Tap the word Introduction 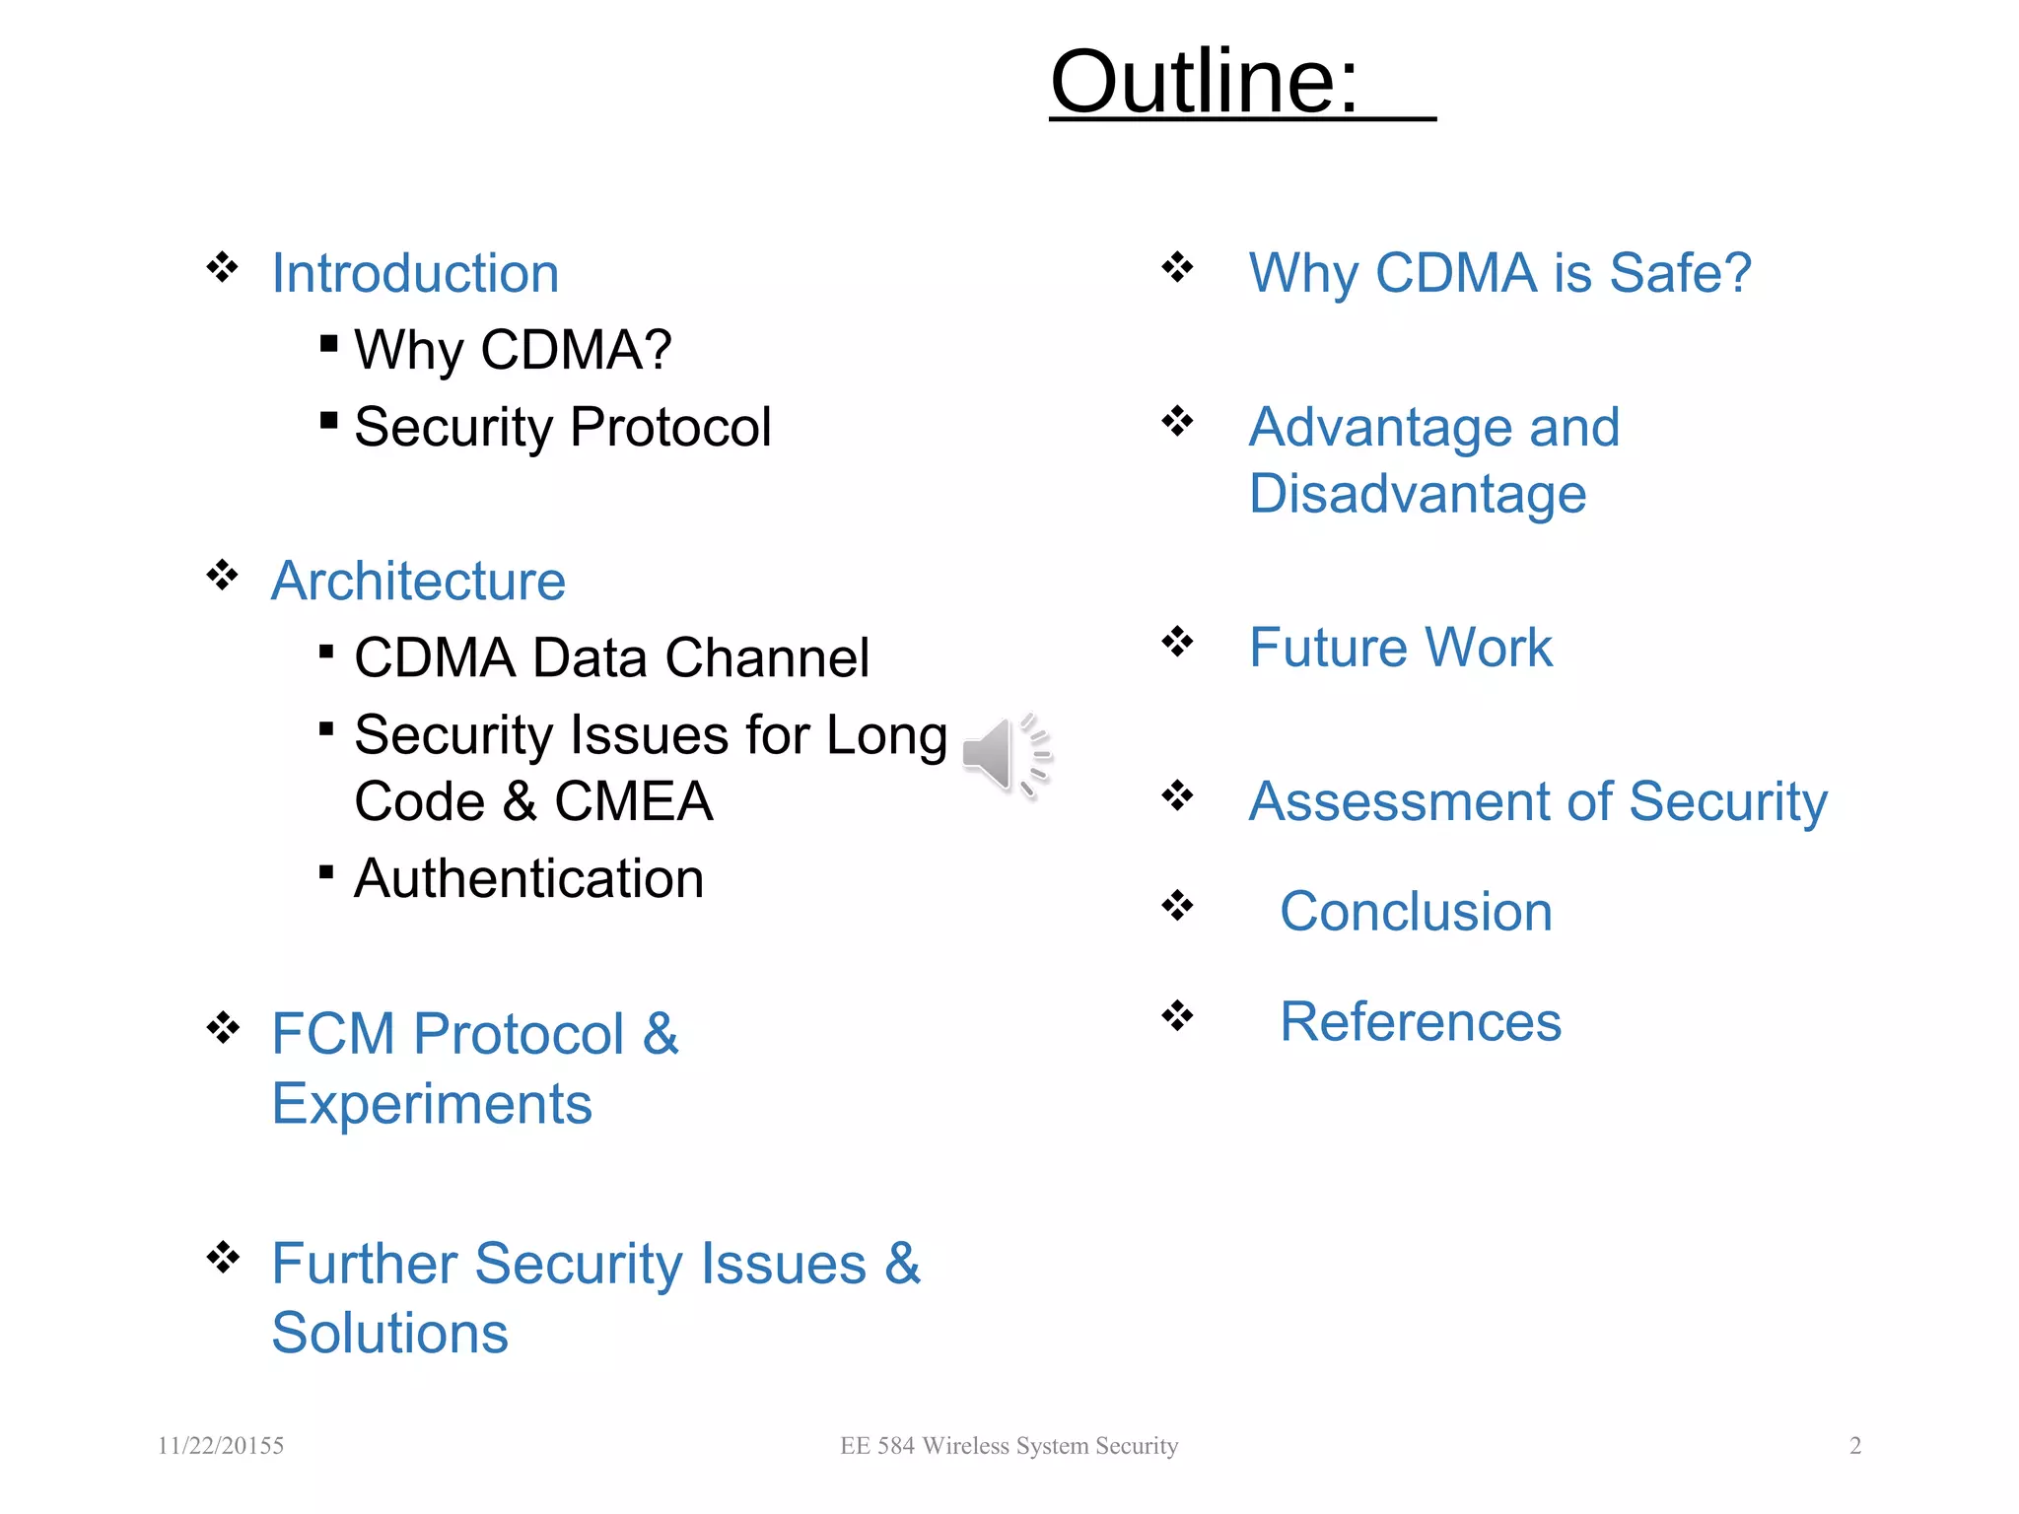[415, 273]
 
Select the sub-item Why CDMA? [513, 350]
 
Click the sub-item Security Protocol [562, 427]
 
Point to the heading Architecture [418, 581]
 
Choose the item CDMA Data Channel [611, 657]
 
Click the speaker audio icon [1006, 755]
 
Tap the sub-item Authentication [528, 878]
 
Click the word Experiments [432, 1103]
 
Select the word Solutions [389, 1333]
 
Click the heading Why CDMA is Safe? [1499, 273]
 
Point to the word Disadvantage [1418, 494]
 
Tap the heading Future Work [1400, 648]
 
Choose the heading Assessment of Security [1538, 801]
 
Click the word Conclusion [1416, 912]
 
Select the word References [1421, 1022]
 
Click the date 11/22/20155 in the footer [221, 1446]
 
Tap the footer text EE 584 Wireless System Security [1009, 1446]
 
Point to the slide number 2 [1855, 1446]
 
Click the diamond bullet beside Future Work [1177, 642]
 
